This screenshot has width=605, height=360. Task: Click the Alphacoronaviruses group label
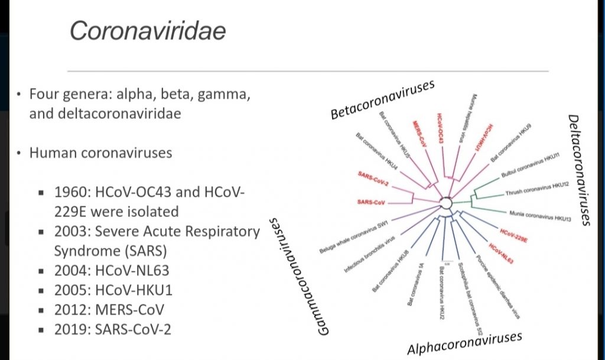point(464,343)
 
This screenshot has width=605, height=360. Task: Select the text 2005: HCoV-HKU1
point(112,290)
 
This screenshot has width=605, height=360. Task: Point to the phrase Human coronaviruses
point(100,153)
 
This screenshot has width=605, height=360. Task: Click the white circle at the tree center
point(446,203)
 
